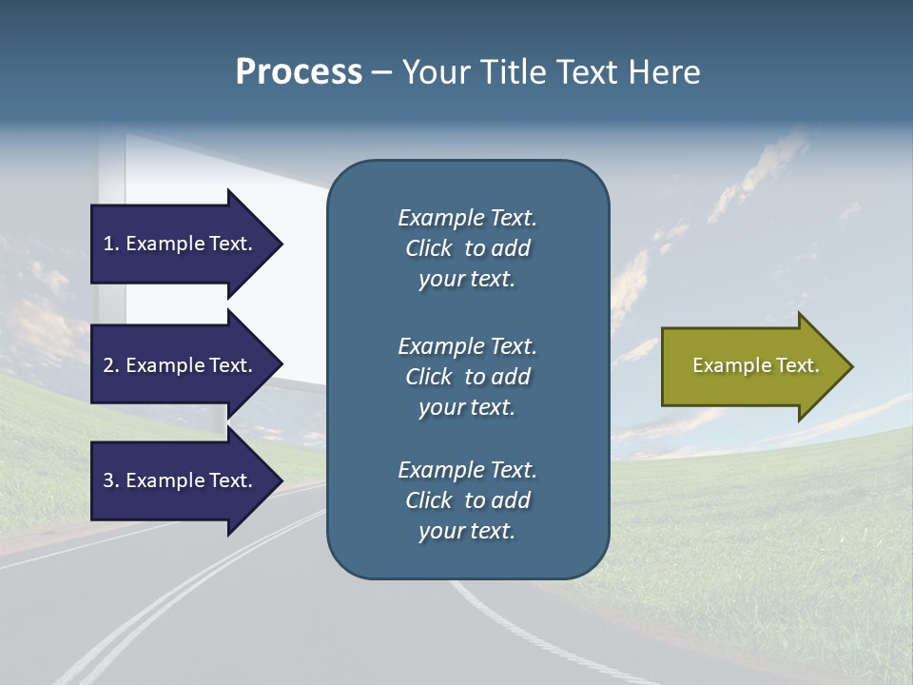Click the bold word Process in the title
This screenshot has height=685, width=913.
tap(299, 72)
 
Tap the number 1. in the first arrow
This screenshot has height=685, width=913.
tap(111, 244)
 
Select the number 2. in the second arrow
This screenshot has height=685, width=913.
tap(111, 365)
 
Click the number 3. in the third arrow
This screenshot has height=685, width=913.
tap(111, 480)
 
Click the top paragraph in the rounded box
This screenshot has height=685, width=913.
tap(467, 248)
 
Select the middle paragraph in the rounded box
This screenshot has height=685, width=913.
tap(467, 377)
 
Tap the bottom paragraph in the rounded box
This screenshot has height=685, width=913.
tap(467, 500)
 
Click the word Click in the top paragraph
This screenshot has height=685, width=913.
tap(428, 248)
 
